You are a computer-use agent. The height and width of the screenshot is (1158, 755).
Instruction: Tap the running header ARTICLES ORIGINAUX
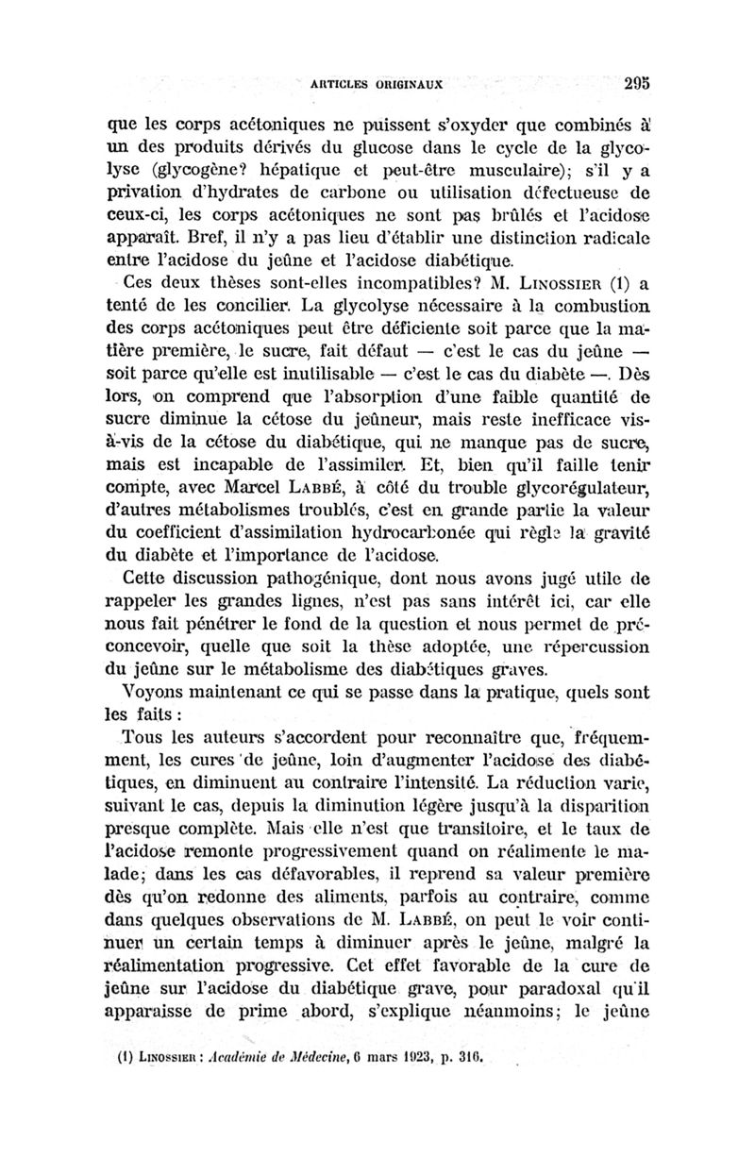(x=377, y=83)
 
